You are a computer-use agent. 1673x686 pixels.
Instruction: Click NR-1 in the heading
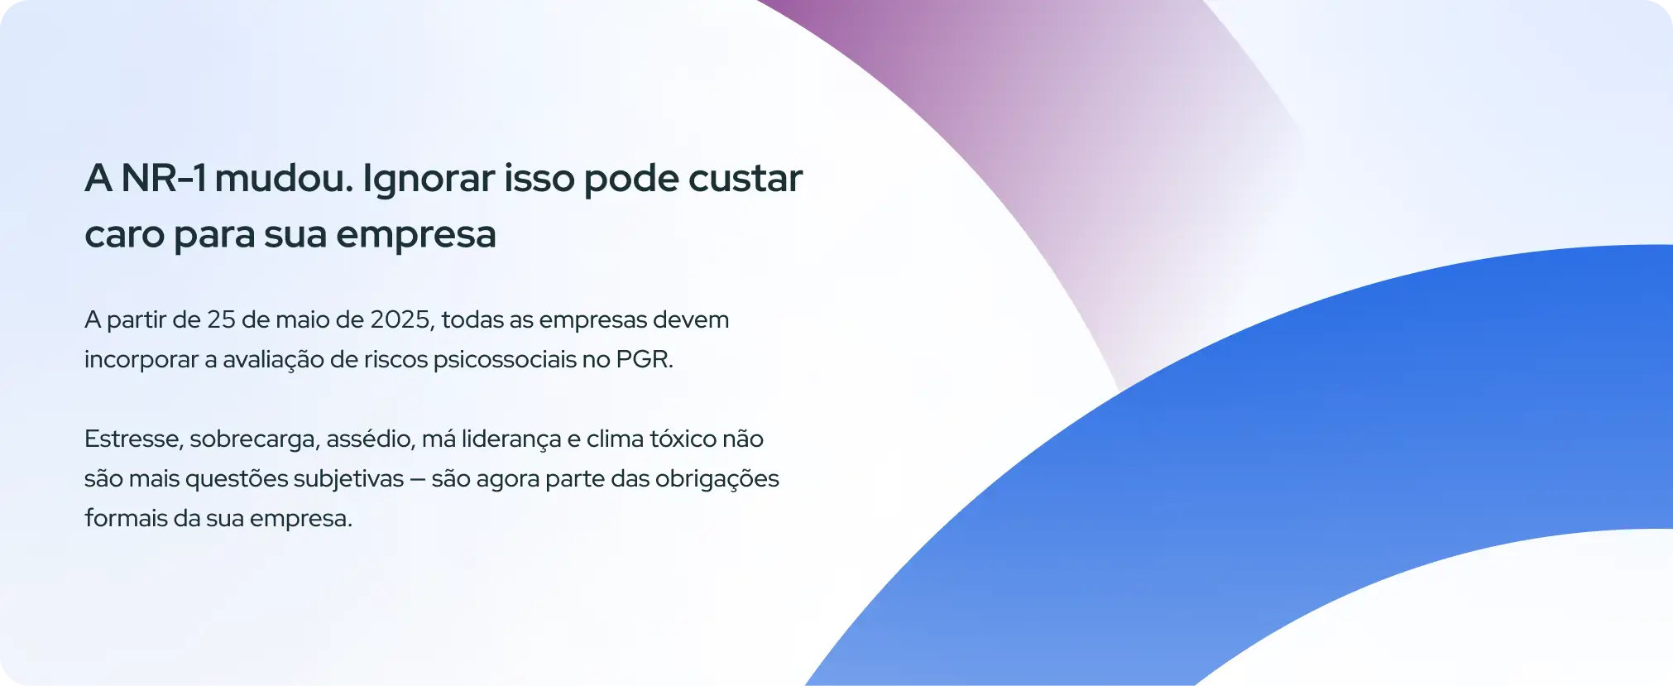(x=163, y=178)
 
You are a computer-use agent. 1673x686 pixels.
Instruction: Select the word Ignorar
(x=429, y=180)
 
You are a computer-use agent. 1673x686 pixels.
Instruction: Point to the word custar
(x=745, y=179)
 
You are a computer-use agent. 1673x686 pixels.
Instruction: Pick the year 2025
(x=401, y=320)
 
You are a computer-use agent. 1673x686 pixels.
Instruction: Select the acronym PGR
(x=645, y=360)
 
